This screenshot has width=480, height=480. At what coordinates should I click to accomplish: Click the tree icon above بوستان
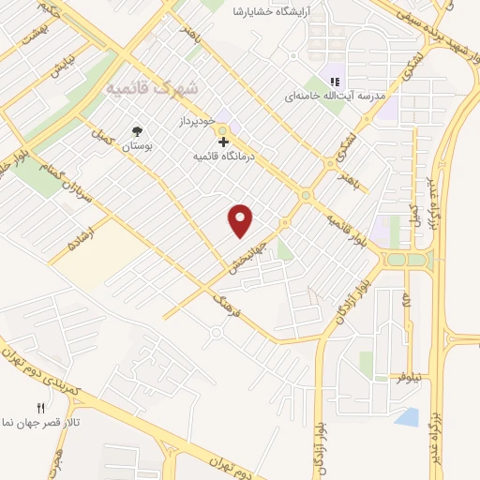(138, 132)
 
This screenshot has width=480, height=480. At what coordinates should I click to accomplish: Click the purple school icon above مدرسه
(332, 79)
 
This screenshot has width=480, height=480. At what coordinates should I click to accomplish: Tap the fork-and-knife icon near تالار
(39, 408)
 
